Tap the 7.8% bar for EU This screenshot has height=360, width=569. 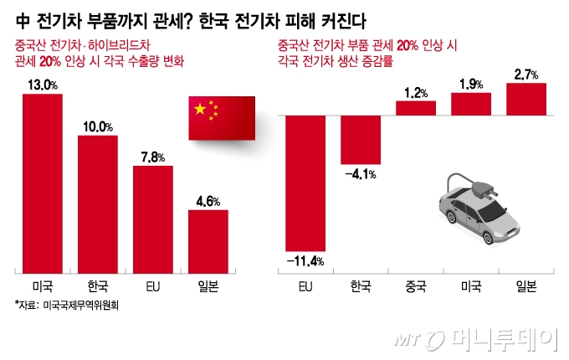pyautogui.click(x=153, y=219)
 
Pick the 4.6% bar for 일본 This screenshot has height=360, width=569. pyautogui.click(x=208, y=240)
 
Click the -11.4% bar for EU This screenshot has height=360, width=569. pyautogui.click(x=306, y=182)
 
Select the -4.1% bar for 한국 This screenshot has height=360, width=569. pyautogui.click(x=361, y=139)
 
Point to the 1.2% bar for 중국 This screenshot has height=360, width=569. pyautogui.click(x=416, y=107)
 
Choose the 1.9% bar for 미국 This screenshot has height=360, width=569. pyautogui.click(x=471, y=103)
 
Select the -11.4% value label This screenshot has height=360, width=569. pyautogui.click(x=306, y=262)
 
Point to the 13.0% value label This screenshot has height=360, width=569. pyautogui.click(x=42, y=85)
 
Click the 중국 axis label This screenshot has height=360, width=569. pyautogui.click(x=416, y=286)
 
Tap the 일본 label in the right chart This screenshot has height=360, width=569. pyautogui.click(x=526, y=286)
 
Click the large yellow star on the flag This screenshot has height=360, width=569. pyautogui.click(x=199, y=109)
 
